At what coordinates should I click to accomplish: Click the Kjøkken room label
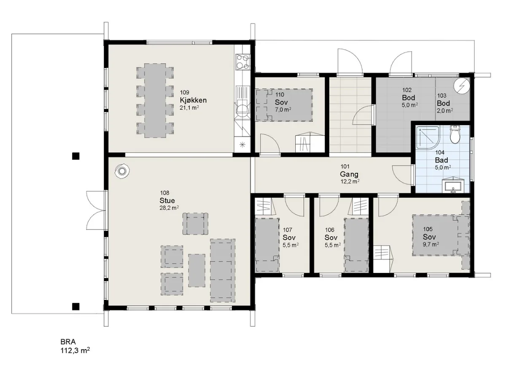[193, 100]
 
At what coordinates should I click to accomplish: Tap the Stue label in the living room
[167, 200]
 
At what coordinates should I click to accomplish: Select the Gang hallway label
[349, 174]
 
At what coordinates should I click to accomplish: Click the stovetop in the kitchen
[242, 61]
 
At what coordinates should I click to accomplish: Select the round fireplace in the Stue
[122, 171]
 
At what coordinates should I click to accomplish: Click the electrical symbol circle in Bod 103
[461, 86]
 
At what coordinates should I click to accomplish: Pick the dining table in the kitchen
[155, 101]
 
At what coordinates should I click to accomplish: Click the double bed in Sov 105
[441, 235]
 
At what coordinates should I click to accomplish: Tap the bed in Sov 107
[267, 245]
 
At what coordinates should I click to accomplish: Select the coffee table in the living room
[196, 270]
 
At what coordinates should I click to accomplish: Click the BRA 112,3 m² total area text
[75, 346]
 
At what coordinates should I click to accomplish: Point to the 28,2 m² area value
[169, 208]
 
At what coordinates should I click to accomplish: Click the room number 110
[280, 95]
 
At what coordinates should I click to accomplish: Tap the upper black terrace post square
[76, 156]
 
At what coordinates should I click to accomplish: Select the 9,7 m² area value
[431, 244]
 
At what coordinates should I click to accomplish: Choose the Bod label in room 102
[409, 98]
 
